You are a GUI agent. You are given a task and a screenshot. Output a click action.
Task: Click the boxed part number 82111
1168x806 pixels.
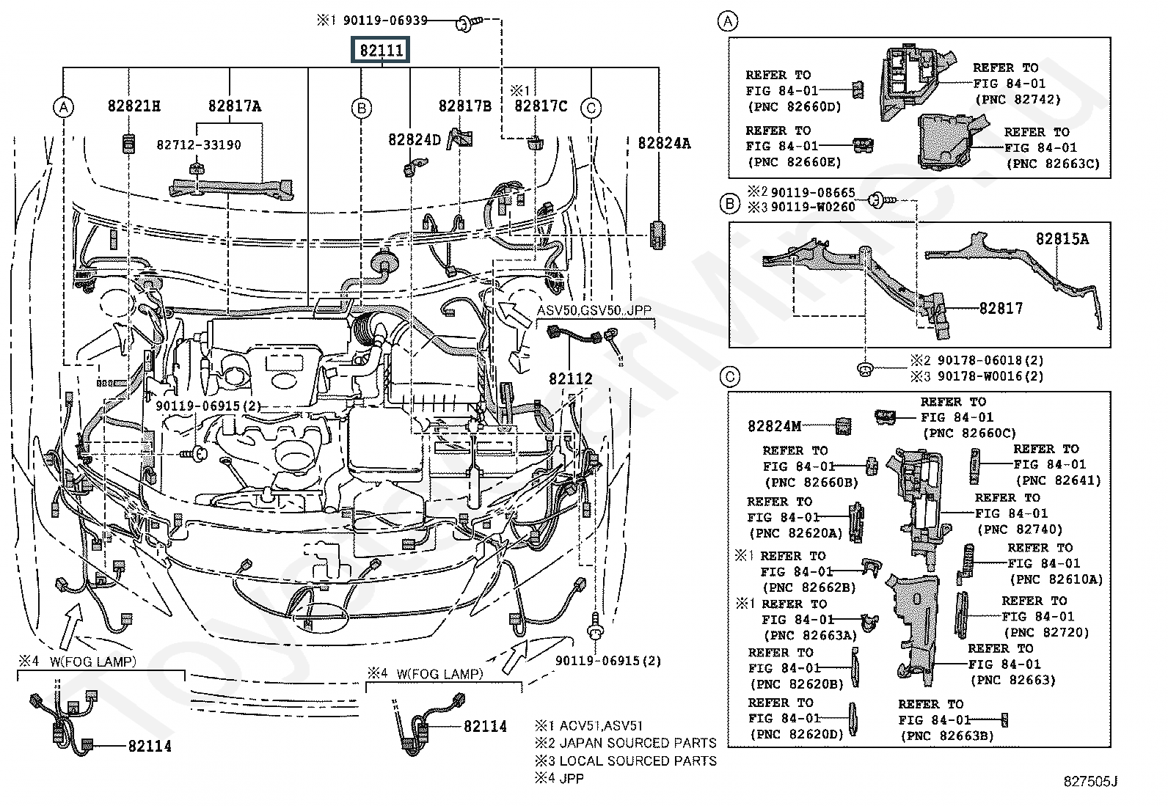pos(381,50)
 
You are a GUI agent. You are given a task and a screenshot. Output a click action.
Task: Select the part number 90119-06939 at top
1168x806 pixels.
pos(385,21)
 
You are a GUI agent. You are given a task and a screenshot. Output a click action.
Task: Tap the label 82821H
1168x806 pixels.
pos(134,106)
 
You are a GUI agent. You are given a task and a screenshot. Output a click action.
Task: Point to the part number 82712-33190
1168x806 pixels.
pos(199,145)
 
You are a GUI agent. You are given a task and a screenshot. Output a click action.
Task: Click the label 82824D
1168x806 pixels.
pos(415,140)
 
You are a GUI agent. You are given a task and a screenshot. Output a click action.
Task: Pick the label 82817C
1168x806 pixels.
pos(541,106)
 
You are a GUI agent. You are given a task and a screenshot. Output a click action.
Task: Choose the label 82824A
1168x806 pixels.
pos(664,143)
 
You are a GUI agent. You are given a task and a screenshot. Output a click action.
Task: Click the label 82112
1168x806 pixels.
pos(571,379)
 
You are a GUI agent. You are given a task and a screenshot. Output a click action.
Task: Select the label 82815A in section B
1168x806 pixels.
pos(1062,239)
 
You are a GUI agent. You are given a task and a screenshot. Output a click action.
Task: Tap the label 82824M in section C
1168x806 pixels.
pos(774,426)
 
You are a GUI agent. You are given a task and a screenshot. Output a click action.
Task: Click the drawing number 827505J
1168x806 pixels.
pos(1090,782)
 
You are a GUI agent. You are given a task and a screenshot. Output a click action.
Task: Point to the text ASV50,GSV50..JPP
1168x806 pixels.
pos(594,311)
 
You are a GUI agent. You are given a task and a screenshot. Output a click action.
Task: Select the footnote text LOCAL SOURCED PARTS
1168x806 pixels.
pos(638,761)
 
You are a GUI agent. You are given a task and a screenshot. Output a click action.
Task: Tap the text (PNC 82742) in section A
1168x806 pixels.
pos(1018,100)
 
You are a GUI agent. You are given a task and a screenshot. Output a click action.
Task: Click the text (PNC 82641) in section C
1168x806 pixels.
pos(1058,480)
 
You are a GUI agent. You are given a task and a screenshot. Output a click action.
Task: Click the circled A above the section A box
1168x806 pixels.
pos(728,21)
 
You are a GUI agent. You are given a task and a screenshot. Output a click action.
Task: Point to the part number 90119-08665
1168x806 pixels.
pos(813,193)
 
